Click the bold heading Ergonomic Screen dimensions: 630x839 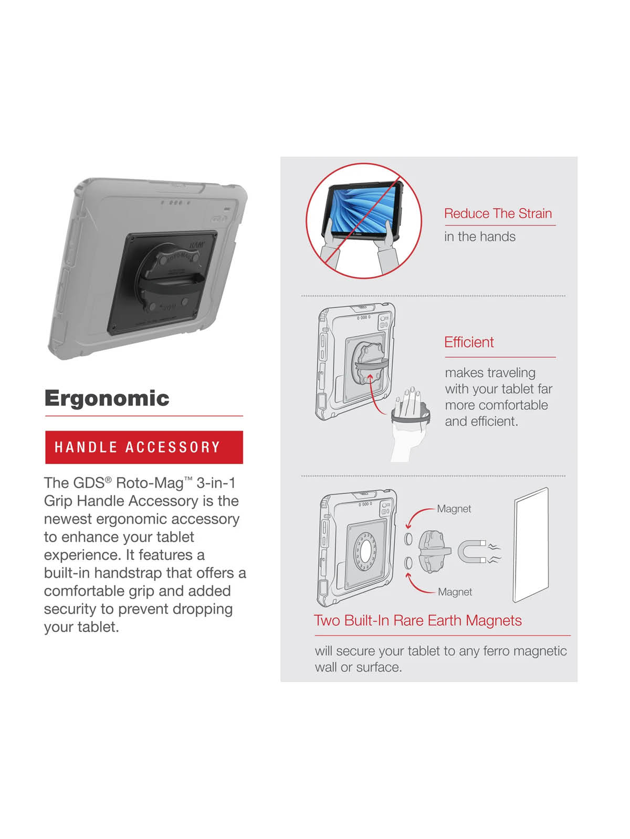click(x=107, y=399)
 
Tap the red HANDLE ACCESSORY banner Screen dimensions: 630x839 click(x=144, y=447)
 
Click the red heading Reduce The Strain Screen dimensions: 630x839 click(x=498, y=213)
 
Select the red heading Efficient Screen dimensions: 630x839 click(x=469, y=342)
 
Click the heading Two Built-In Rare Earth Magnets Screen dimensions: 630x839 click(x=418, y=620)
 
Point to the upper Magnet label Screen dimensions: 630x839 click(x=454, y=509)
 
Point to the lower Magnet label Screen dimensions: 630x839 click(x=455, y=591)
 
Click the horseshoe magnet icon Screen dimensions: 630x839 click(x=472, y=551)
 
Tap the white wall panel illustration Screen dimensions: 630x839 click(x=531, y=544)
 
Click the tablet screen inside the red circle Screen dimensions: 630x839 click(x=361, y=210)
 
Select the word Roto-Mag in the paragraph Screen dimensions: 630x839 click(x=150, y=483)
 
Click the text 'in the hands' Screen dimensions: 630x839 click(x=480, y=236)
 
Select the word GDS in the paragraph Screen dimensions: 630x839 click(x=89, y=483)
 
